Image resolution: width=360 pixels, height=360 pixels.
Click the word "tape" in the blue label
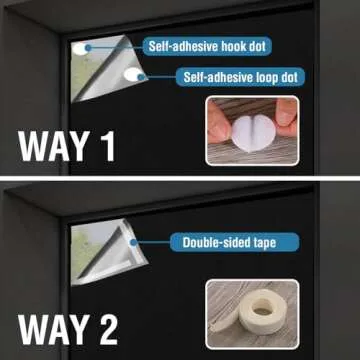tap(263, 243)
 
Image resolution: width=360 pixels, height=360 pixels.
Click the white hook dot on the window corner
tap(80, 49)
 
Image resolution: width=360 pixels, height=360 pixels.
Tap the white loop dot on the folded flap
tap(133, 74)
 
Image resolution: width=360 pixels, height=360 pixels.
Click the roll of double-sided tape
tap(263, 312)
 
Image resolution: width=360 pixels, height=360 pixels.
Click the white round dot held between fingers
tap(253, 133)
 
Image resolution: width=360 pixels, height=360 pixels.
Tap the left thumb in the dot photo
tap(218, 123)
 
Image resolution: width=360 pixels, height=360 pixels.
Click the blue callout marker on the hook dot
tap(88, 48)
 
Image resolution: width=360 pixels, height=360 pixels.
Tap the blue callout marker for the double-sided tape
tap(134, 242)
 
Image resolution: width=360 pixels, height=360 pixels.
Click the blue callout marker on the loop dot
tap(142, 77)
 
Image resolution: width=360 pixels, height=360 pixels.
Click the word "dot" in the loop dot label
tap(288, 77)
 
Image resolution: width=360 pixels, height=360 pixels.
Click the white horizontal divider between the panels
tap(180, 179)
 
